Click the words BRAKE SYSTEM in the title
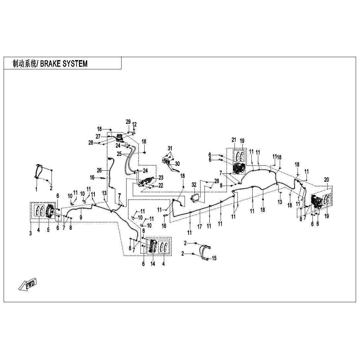point(64,64)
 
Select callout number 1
point(36,189)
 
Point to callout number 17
point(199,226)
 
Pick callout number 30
point(177,164)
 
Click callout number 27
point(98,137)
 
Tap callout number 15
point(214,258)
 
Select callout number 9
point(81,217)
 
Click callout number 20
point(327,180)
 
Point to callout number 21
point(234,140)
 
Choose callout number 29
point(128,122)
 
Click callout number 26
point(99,170)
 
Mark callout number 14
point(153,264)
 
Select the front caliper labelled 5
point(50,211)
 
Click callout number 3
point(30,234)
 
